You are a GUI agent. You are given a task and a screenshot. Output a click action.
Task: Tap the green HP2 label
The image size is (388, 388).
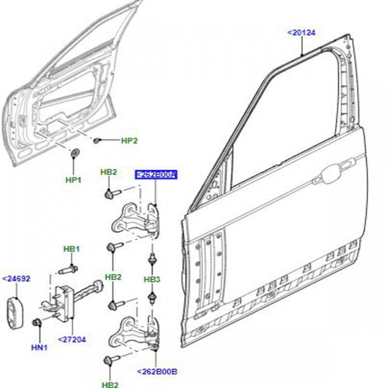click(x=129, y=141)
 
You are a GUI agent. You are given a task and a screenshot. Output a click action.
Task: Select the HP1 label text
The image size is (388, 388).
click(x=73, y=180)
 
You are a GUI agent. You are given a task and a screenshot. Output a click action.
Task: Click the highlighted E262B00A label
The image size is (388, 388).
click(x=156, y=175)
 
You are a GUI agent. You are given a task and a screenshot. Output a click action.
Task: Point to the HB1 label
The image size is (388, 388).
click(x=72, y=249)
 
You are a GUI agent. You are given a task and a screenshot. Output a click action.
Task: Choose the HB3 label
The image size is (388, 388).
click(x=152, y=279)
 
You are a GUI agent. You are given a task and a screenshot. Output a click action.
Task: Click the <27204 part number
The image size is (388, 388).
click(x=72, y=339)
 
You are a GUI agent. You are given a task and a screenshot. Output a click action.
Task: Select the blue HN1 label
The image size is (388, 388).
click(x=39, y=348)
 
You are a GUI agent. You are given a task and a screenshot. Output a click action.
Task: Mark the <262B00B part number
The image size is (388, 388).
click(x=157, y=371)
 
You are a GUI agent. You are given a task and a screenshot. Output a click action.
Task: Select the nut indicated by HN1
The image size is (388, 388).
click(x=36, y=323)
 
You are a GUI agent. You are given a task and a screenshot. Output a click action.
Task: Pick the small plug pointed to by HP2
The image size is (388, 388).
click(x=98, y=140)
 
